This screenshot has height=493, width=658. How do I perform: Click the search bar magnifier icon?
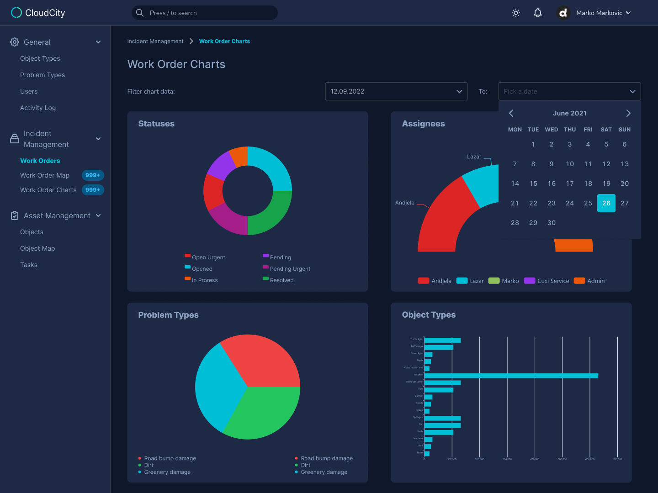click(140, 13)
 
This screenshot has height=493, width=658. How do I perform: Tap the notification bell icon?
click(538, 13)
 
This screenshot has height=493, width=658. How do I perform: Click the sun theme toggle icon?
click(516, 13)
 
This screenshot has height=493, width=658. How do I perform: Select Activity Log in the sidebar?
click(38, 108)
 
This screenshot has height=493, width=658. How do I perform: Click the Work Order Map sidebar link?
click(45, 175)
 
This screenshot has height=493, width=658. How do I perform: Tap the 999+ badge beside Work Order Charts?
click(93, 190)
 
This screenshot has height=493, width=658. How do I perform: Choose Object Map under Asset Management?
click(37, 248)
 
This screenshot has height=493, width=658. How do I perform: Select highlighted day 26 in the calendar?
click(606, 203)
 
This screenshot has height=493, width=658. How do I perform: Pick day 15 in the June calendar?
click(533, 184)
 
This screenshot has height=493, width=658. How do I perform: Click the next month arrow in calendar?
click(628, 113)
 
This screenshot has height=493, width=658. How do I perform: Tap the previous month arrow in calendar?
click(511, 113)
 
